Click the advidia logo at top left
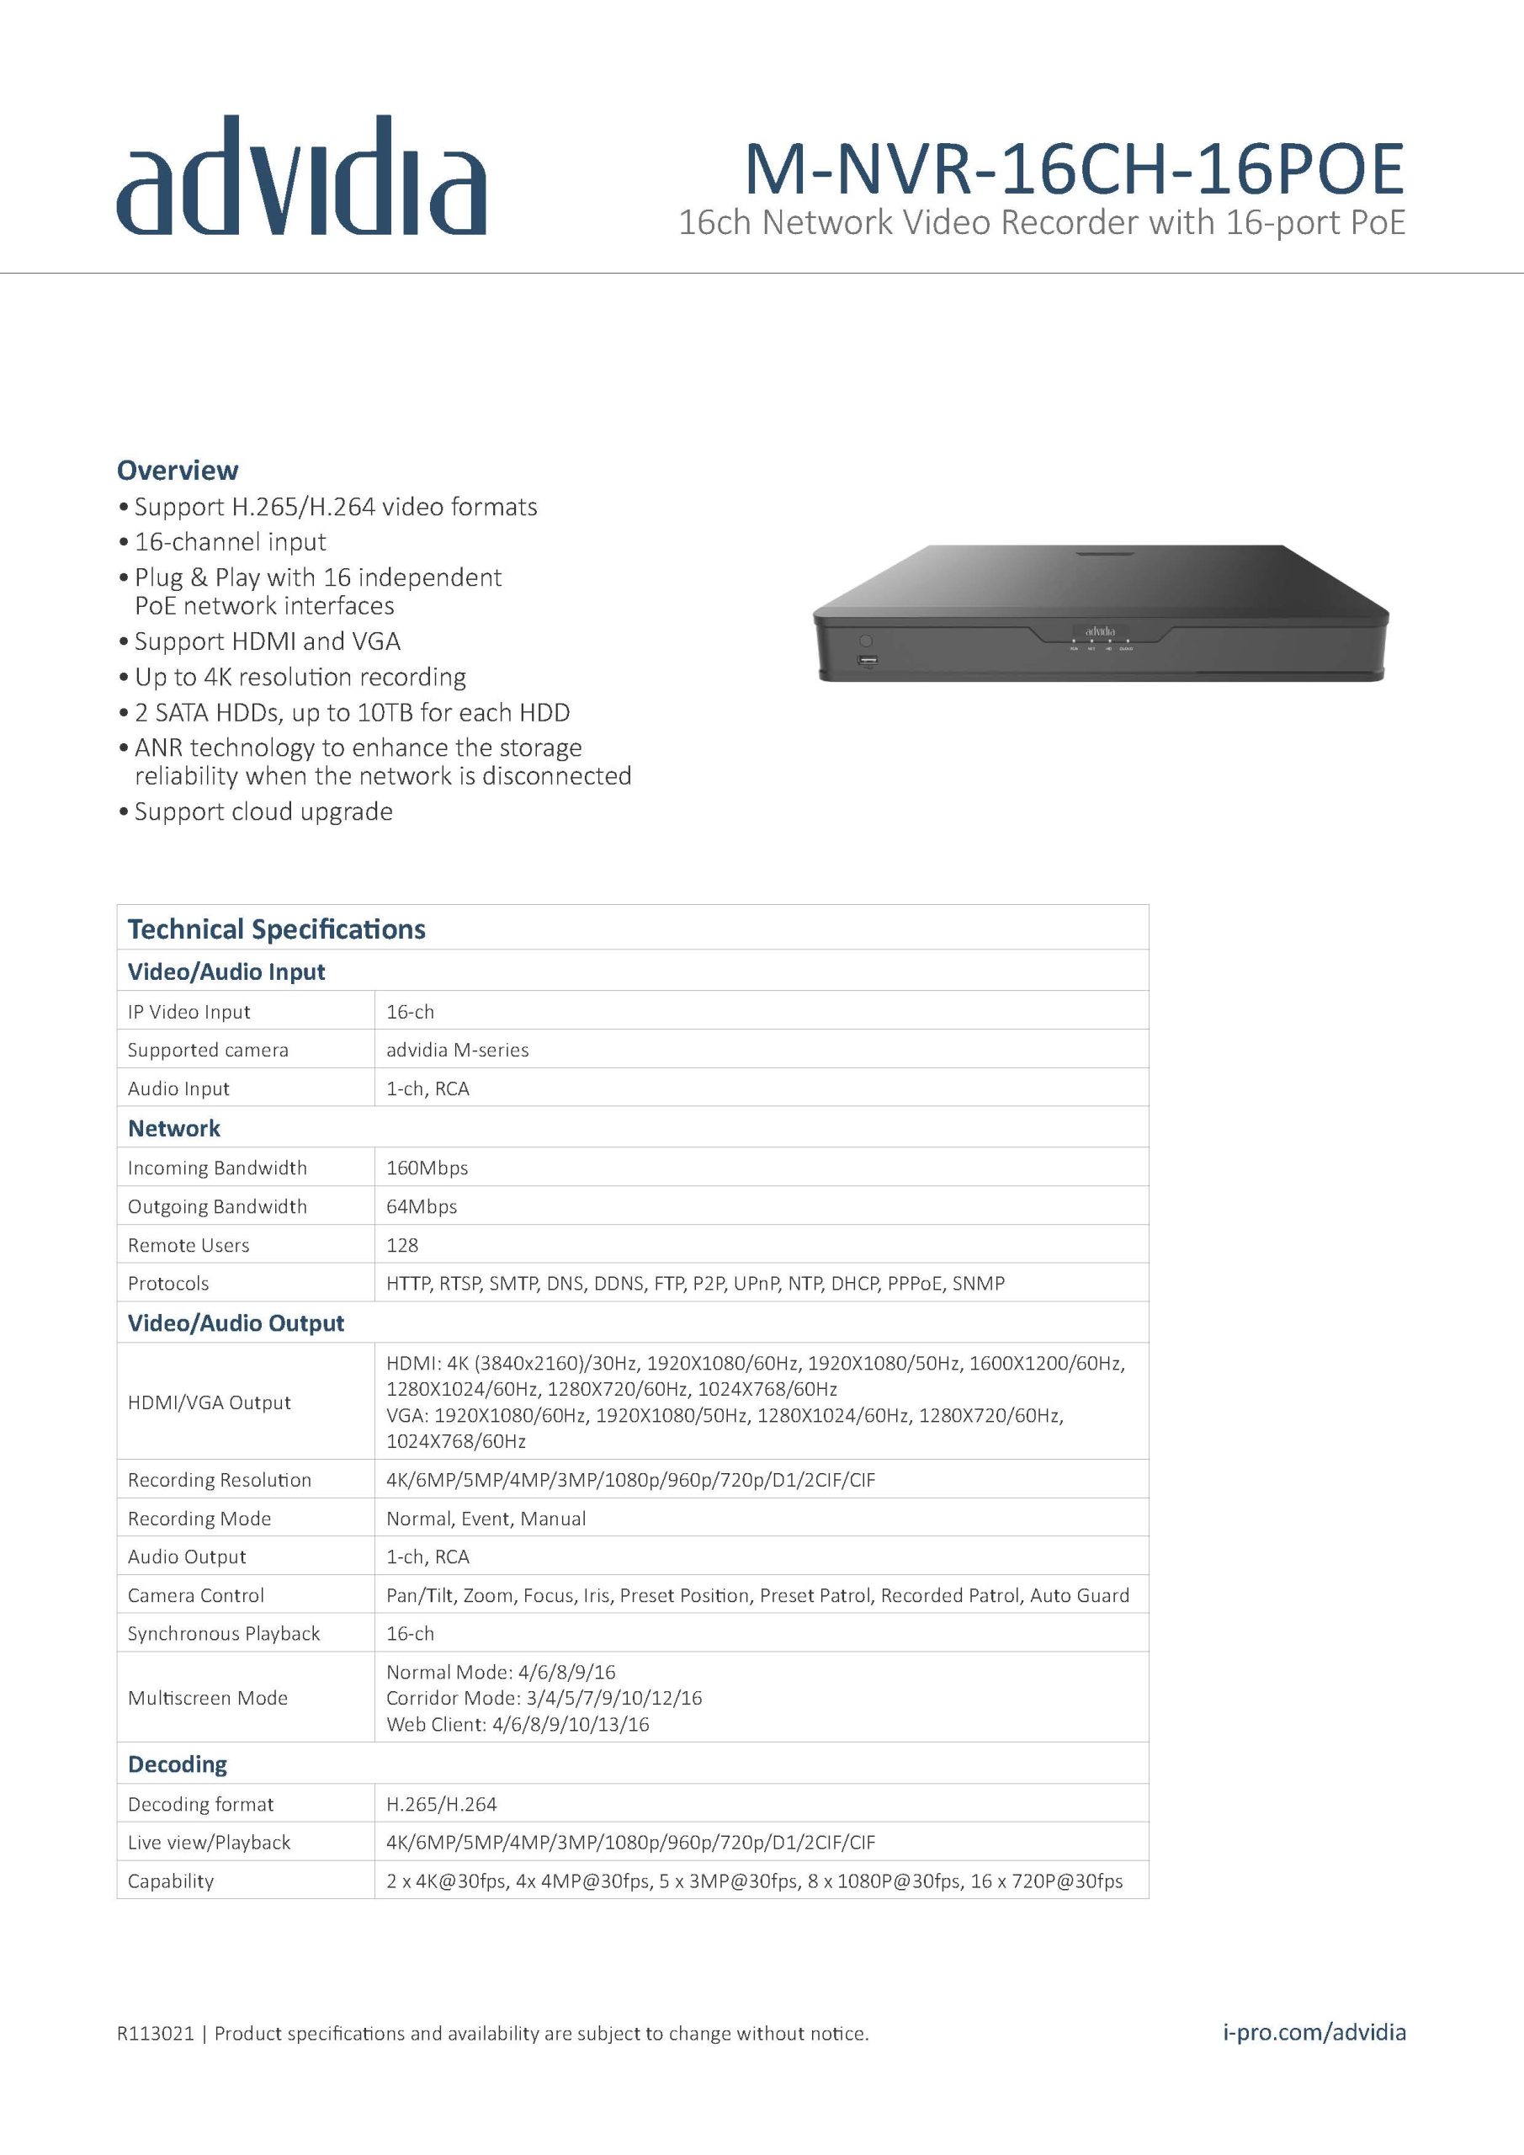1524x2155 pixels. [300, 177]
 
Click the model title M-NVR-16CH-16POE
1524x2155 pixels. [1074, 169]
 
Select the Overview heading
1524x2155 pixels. [178, 471]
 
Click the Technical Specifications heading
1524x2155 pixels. [277, 929]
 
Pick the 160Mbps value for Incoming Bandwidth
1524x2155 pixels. [427, 1168]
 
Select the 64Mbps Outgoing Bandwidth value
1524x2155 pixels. [422, 1206]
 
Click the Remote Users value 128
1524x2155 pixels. [402, 1244]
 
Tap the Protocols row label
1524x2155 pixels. [169, 1283]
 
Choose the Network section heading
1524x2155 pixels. [174, 1128]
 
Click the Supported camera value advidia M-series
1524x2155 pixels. [457, 1050]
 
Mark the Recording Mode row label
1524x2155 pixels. [199, 1518]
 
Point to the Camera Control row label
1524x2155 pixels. [196, 1594]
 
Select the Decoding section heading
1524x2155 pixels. [178, 1764]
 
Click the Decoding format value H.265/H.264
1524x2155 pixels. [441, 1804]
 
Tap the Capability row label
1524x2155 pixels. [171, 1881]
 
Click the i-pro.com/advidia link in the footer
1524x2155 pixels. [1314, 2033]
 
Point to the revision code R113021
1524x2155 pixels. [155, 2034]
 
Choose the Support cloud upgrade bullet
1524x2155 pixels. [263, 811]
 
